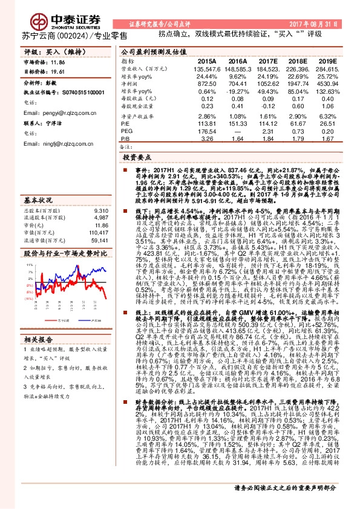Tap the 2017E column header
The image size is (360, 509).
268,61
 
